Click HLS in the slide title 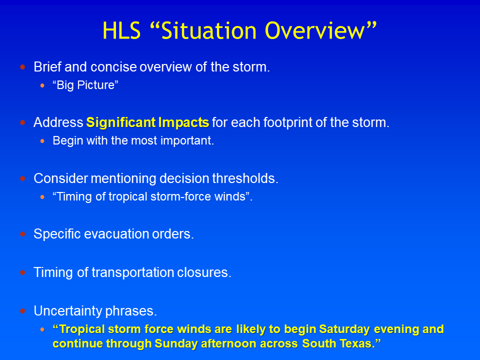click(121, 30)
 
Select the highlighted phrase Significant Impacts click(147, 122)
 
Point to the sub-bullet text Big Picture click(85, 85)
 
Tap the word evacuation click(116, 234)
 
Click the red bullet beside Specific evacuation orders click(22, 234)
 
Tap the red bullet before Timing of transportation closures click(22, 272)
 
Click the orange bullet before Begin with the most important click(42, 141)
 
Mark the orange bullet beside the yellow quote click(42, 329)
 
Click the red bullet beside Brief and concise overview click(22, 67)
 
